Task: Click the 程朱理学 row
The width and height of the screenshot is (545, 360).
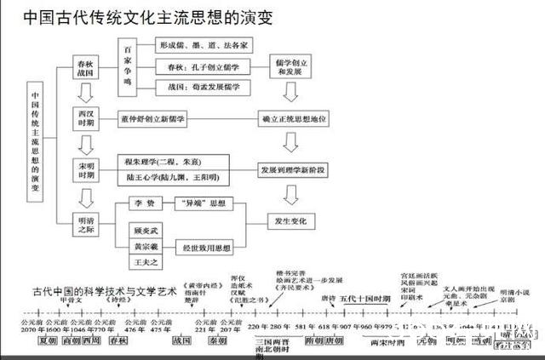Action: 169,161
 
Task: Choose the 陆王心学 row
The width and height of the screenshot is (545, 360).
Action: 169,177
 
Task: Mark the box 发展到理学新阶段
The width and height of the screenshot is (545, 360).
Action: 295,169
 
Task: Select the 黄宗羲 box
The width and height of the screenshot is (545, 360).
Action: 142,247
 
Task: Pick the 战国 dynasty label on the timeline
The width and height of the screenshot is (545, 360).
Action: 181,340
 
